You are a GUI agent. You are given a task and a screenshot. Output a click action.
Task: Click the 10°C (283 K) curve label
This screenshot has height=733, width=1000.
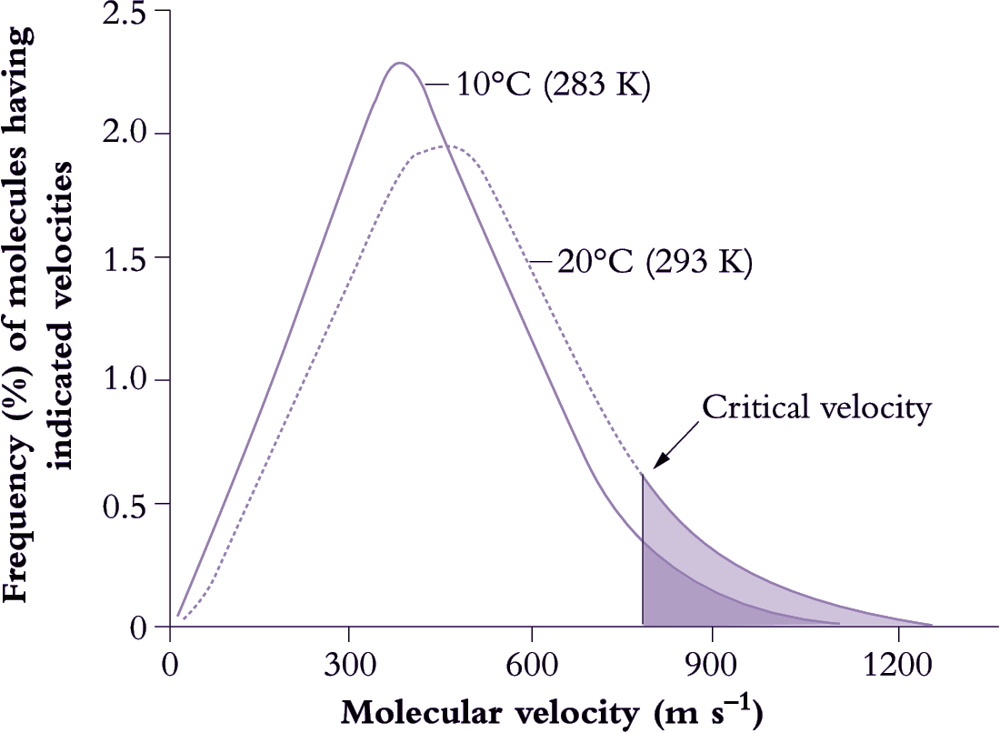553,89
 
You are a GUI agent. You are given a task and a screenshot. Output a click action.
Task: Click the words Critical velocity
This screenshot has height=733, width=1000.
816,407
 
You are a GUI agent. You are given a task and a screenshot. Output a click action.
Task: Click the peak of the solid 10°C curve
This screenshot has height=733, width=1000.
399,63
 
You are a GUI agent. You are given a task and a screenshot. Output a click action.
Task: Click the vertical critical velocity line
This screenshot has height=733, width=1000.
643,555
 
